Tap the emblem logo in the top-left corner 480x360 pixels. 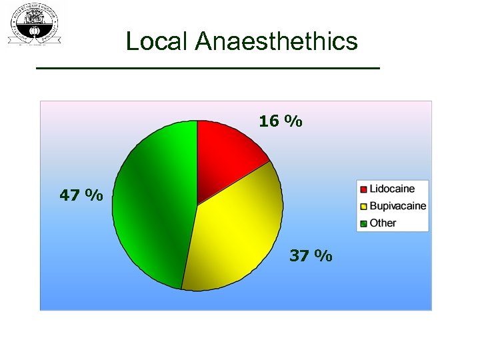(x=34, y=24)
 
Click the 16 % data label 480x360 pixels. (x=281, y=121)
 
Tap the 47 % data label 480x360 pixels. (x=81, y=195)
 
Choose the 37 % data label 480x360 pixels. (x=311, y=255)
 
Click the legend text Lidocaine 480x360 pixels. (x=392, y=189)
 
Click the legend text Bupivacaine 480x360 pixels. (x=397, y=206)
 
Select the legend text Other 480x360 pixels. (x=383, y=223)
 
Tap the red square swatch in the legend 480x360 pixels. (x=363, y=189)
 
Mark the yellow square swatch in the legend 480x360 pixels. (x=363, y=206)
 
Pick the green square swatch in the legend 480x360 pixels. (x=363, y=223)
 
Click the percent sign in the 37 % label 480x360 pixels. (x=323, y=255)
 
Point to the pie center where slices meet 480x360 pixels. (x=197, y=205)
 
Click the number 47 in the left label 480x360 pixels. (x=70, y=195)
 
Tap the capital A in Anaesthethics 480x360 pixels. (x=205, y=42)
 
